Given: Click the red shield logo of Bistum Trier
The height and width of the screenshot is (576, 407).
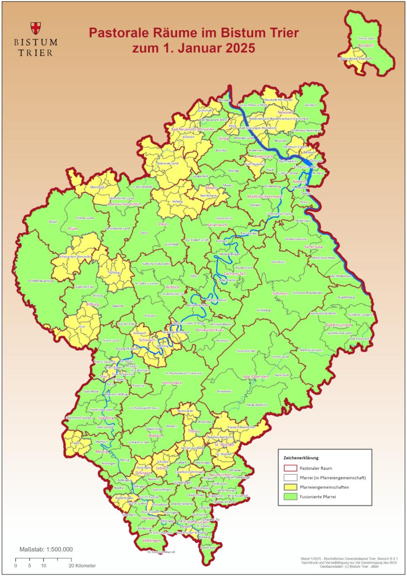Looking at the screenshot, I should [x=36, y=28].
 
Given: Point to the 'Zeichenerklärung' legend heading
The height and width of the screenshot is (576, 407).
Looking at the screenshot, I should [x=301, y=458].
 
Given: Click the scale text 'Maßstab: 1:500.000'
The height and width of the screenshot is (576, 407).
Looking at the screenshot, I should [x=46, y=549].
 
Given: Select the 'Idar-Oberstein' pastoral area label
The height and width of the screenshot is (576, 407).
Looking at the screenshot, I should [x=256, y=376].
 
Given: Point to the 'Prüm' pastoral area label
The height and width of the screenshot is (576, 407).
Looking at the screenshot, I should [x=72, y=229].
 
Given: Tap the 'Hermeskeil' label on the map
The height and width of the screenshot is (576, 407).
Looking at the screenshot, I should [x=171, y=382].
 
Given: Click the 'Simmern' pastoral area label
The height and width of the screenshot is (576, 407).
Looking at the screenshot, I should [x=281, y=293].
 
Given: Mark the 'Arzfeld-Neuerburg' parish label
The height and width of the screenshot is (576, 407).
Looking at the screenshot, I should [x=41, y=281].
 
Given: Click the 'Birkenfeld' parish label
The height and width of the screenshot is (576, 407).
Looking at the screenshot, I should [x=224, y=391].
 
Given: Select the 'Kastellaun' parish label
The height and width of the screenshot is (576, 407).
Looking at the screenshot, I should [x=278, y=262].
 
